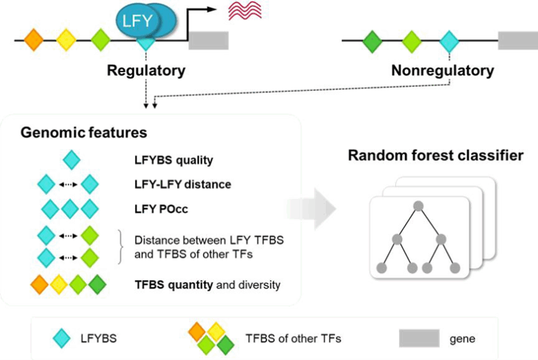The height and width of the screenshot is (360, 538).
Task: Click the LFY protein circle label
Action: pyautogui.click(x=137, y=20)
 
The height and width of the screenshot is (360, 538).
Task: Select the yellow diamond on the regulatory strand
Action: pyautogui.click(x=67, y=40)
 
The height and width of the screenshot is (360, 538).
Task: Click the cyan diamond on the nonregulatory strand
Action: pyautogui.click(x=449, y=41)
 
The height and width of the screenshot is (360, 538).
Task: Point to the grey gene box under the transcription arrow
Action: pyautogui.click(x=209, y=40)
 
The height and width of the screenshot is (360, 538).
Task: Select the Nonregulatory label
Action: pyautogui.click(x=442, y=71)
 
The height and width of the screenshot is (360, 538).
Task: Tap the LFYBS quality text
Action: pyautogui.click(x=173, y=160)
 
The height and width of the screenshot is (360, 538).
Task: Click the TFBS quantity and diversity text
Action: pyautogui.click(x=207, y=284)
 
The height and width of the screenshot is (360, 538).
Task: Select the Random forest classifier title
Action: pyautogui.click(x=435, y=155)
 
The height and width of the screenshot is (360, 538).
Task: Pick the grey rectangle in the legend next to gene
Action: pyautogui.click(x=419, y=338)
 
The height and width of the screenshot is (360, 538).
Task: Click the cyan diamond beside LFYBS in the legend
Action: pyautogui.click(x=64, y=338)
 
